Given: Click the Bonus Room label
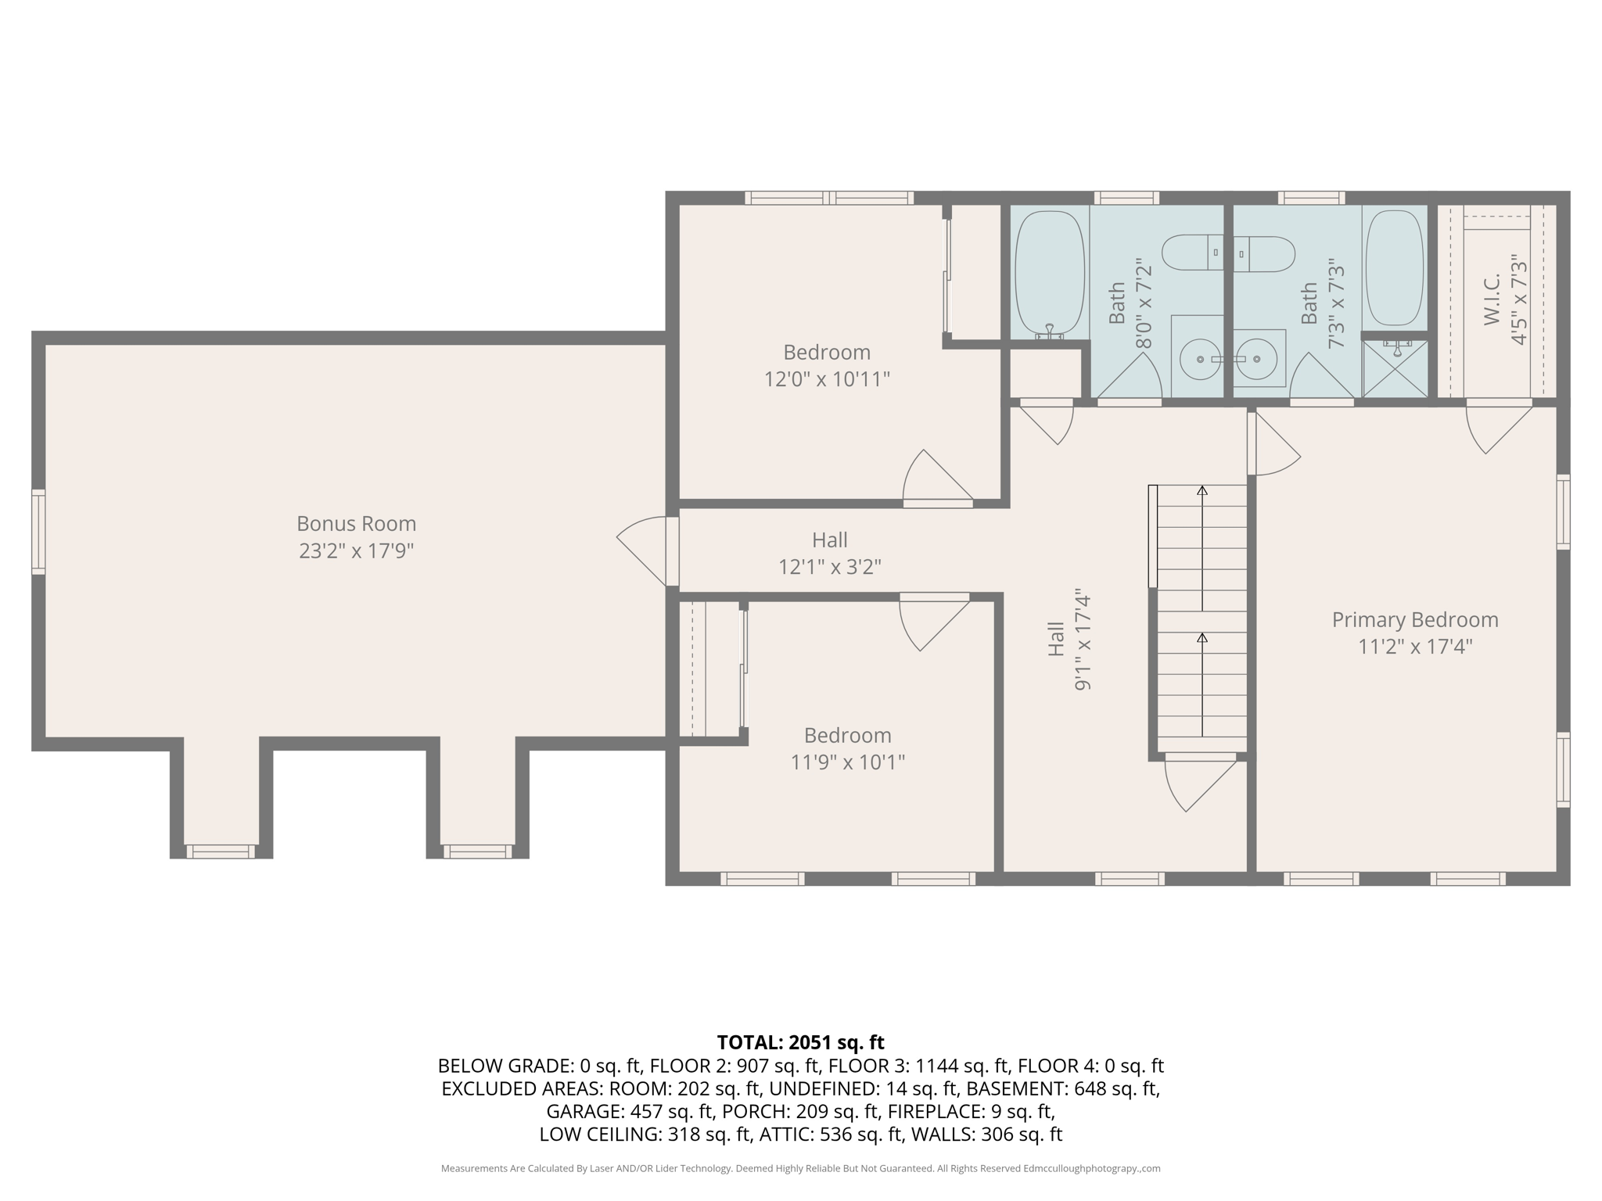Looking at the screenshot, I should coord(356,523).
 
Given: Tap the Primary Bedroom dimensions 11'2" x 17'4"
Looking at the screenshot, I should coord(1415,647).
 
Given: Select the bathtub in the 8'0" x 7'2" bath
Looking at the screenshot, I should coord(1050,273).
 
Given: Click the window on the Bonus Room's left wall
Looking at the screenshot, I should coord(38,532).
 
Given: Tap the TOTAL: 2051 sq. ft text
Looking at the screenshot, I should coord(800,1042).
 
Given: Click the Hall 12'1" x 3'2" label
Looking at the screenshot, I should coord(829,553).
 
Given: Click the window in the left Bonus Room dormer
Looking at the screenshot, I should coord(220,851).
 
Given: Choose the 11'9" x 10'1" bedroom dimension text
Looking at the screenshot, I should coord(847,762).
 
